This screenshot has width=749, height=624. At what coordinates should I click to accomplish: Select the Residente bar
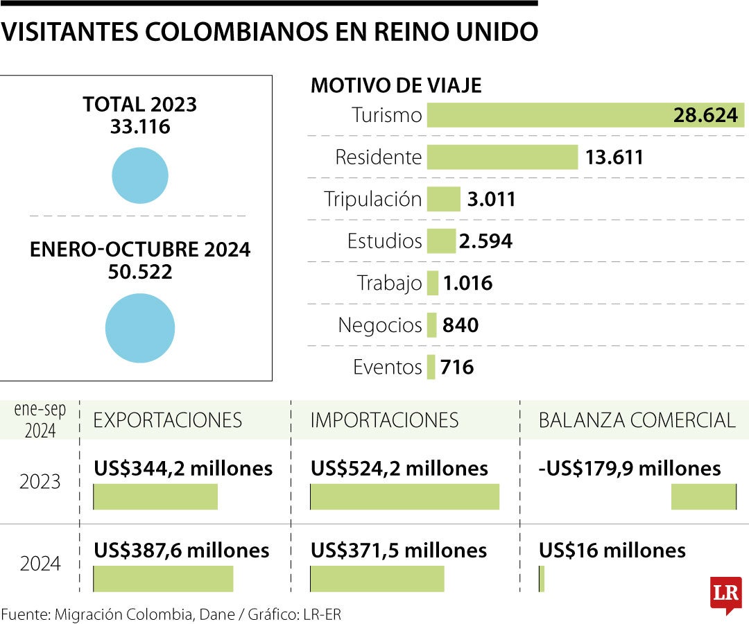(502, 157)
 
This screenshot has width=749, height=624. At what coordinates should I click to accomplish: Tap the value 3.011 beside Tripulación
(491, 200)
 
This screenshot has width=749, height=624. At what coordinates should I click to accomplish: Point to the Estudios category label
(384, 241)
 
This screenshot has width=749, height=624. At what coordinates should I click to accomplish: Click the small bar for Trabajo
(433, 283)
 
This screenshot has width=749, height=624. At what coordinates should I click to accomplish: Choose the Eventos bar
(431, 367)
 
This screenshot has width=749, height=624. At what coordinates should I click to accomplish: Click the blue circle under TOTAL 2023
(140, 175)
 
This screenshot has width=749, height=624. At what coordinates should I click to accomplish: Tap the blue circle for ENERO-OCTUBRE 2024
(140, 328)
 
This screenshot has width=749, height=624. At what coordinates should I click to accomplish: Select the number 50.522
(140, 272)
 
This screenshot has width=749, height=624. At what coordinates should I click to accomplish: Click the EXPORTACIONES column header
(168, 419)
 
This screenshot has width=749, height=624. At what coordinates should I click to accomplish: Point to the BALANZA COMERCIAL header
(637, 419)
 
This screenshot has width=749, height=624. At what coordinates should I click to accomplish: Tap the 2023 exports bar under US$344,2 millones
(155, 497)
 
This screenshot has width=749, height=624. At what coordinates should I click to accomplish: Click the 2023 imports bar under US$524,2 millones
(404, 497)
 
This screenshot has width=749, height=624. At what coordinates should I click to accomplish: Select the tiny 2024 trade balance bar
(542, 579)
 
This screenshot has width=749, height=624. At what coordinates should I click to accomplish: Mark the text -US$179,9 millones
(630, 469)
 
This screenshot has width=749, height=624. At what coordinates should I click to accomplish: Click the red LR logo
(725, 593)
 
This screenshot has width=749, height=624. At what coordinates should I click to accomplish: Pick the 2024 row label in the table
(40, 564)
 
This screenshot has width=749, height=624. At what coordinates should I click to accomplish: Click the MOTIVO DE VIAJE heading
(396, 85)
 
